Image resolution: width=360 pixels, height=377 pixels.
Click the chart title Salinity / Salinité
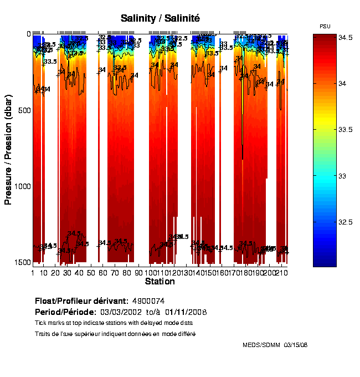[x=160, y=18]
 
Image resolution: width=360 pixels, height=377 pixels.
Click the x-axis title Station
[x=160, y=282]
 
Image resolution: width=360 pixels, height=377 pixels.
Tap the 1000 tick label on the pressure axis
[x=22, y=186]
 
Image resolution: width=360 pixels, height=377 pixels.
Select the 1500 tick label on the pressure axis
[x=22, y=262]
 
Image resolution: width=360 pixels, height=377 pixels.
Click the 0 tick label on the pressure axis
[x=28, y=34]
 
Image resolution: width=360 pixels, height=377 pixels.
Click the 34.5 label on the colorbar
[x=331, y=37]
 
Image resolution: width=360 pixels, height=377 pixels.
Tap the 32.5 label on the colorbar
[x=331, y=222]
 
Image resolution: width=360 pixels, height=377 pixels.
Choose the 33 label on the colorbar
[x=327, y=176]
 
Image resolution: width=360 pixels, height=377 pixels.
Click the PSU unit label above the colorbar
[x=326, y=26]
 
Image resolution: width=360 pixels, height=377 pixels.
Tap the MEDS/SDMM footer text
[x=261, y=345]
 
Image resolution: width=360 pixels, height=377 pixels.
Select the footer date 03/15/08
[x=296, y=345]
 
